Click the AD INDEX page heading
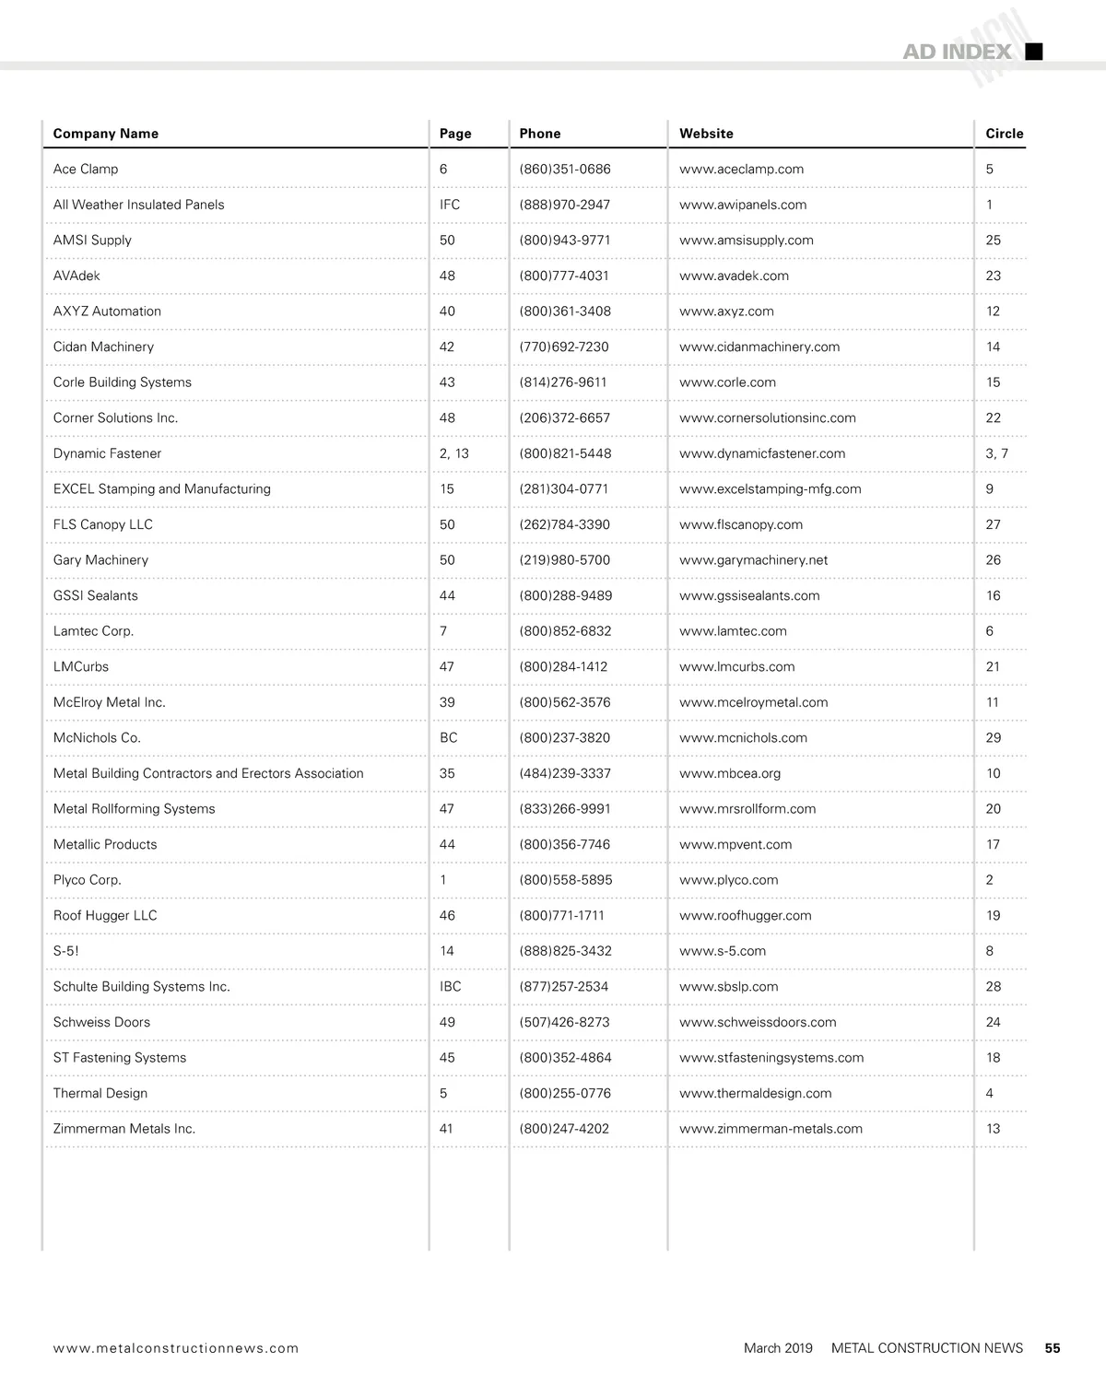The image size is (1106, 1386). tap(956, 52)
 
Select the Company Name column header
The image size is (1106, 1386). tap(106, 134)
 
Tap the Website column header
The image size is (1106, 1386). tap(706, 134)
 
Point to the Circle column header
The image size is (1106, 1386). tap(1004, 134)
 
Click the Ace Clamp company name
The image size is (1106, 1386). tap(86, 170)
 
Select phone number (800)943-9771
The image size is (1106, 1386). tap(564, 241)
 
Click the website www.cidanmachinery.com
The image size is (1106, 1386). tap(759, 347)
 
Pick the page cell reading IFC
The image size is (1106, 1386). tap(450, 205)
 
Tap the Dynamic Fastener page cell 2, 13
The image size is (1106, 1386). tap(454, 453)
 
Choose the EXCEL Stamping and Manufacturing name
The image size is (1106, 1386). tap(162, 489)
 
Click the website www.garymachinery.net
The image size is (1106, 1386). tap(753, 560)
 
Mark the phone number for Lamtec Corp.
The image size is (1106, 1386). tap(565, 631)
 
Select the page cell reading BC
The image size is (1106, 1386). tap(449, 738)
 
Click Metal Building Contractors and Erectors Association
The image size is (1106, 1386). tap(208, 774)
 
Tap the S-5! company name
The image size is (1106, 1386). tap(66, 951)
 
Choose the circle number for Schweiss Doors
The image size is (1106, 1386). tap(993, 1022)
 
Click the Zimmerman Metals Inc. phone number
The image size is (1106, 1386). tap(564, 1129)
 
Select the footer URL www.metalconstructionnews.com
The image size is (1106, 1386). tap(176, 1348)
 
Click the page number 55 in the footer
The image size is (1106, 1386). tap(1053, 1348)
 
